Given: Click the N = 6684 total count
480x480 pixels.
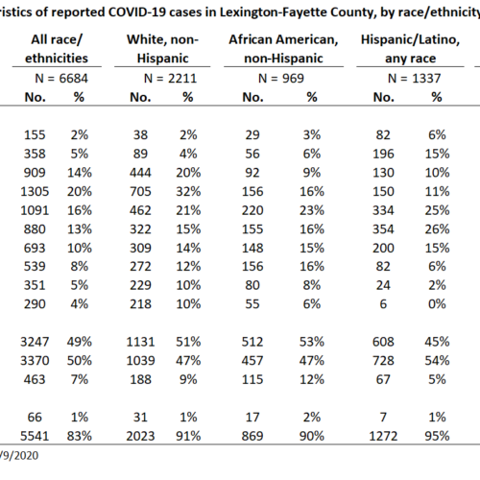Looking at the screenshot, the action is (x=61, y=79).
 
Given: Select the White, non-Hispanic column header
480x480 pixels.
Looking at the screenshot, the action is (x=162, y=49).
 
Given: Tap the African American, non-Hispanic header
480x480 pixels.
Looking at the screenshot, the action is (x=283, y=49).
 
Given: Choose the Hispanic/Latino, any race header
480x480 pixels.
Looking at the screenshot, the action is (x=410, y=49).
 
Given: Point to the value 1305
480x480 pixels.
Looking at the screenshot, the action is (x=35, y=192).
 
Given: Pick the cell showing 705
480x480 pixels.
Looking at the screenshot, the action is (x=140, y=192).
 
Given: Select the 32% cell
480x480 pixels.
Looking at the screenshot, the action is (x=188, y=192).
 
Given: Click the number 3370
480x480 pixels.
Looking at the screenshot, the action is (x=35, y=361).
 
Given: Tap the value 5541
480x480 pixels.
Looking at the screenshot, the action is (x=35, y=436).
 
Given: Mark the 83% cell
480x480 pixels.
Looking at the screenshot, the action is (x=80, y=436).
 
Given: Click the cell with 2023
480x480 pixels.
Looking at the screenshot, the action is (x=140, y=436).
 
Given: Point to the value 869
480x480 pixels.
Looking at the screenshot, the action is (x=252, y=436).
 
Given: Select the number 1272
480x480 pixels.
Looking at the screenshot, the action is (x=383, y=436).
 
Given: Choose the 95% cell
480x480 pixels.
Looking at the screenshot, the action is (x=437, y=436).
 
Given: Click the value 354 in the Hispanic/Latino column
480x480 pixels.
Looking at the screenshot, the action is (x=383, y=229).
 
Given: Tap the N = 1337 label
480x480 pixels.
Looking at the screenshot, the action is (x=414, y=79).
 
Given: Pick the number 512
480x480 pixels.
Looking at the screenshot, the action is (x=252, y=342).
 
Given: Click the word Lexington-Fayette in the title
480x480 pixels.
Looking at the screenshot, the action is (x=271, y=12).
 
